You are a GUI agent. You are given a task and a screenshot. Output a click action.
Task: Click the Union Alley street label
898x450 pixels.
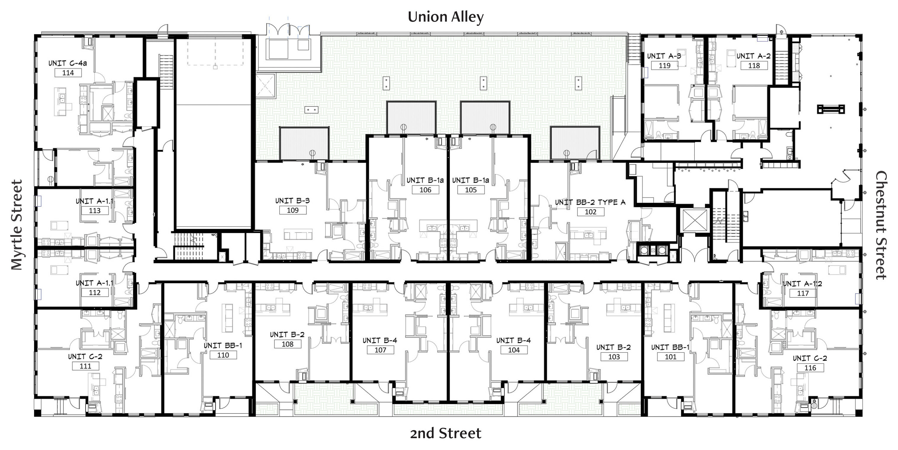click(445, 17)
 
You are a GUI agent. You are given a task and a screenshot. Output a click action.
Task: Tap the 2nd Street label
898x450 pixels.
click(445, 433)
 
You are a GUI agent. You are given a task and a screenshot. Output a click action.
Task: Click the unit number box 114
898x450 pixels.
click(68, 73)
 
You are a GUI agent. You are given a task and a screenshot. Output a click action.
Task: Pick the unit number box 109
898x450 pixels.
click(293, 210)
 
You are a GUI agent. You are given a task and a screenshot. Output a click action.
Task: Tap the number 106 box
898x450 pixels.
click(425, 190)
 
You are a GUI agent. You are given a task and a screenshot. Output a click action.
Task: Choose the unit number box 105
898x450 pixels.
click(471, 190)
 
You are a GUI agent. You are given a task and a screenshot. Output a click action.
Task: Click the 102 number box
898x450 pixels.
click(590, 212)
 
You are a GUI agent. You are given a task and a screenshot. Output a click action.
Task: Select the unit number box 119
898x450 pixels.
click(664, 65)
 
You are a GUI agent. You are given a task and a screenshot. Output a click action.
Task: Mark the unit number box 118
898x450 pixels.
click(754, 65)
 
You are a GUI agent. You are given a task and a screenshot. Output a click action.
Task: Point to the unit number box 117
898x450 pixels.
click(803, 293)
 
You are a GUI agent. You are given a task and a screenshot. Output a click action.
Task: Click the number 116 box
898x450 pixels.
click(810, 368)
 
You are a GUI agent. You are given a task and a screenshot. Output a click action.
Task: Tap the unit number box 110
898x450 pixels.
click(223, 355)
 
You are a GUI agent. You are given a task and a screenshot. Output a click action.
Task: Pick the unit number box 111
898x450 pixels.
click(86, 366)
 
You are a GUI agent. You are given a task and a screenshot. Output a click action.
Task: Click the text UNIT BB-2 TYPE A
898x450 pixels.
click(590, 202)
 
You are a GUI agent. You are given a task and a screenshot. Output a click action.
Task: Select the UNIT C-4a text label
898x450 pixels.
click(67, 63)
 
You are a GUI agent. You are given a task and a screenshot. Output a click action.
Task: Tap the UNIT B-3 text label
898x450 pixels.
click(292, 201)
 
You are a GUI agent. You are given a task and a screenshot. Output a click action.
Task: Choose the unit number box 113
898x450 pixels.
click(94, 211)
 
